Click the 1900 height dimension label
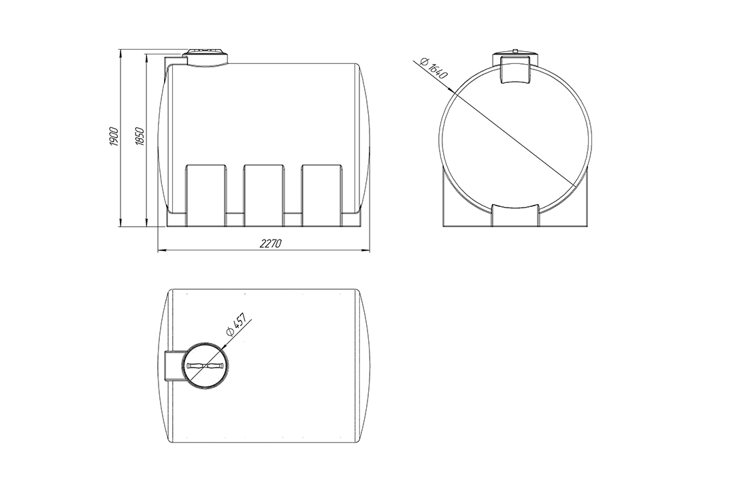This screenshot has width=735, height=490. pyautogui.click(x=114, y=136)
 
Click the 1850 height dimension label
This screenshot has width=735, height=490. pyautogui.click(x=140, y=136)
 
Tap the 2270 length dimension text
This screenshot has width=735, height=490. pyautogui.click(x=270, y=244)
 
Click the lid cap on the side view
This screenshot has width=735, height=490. pyautogui.click(x=206, y=56)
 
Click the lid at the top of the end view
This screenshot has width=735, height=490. pyautogui.click(x=516, y=67)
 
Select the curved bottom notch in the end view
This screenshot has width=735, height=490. pyautogui.click(x=516, y=216)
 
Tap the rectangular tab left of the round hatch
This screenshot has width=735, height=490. pyautogui.click(x=174, y=365)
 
